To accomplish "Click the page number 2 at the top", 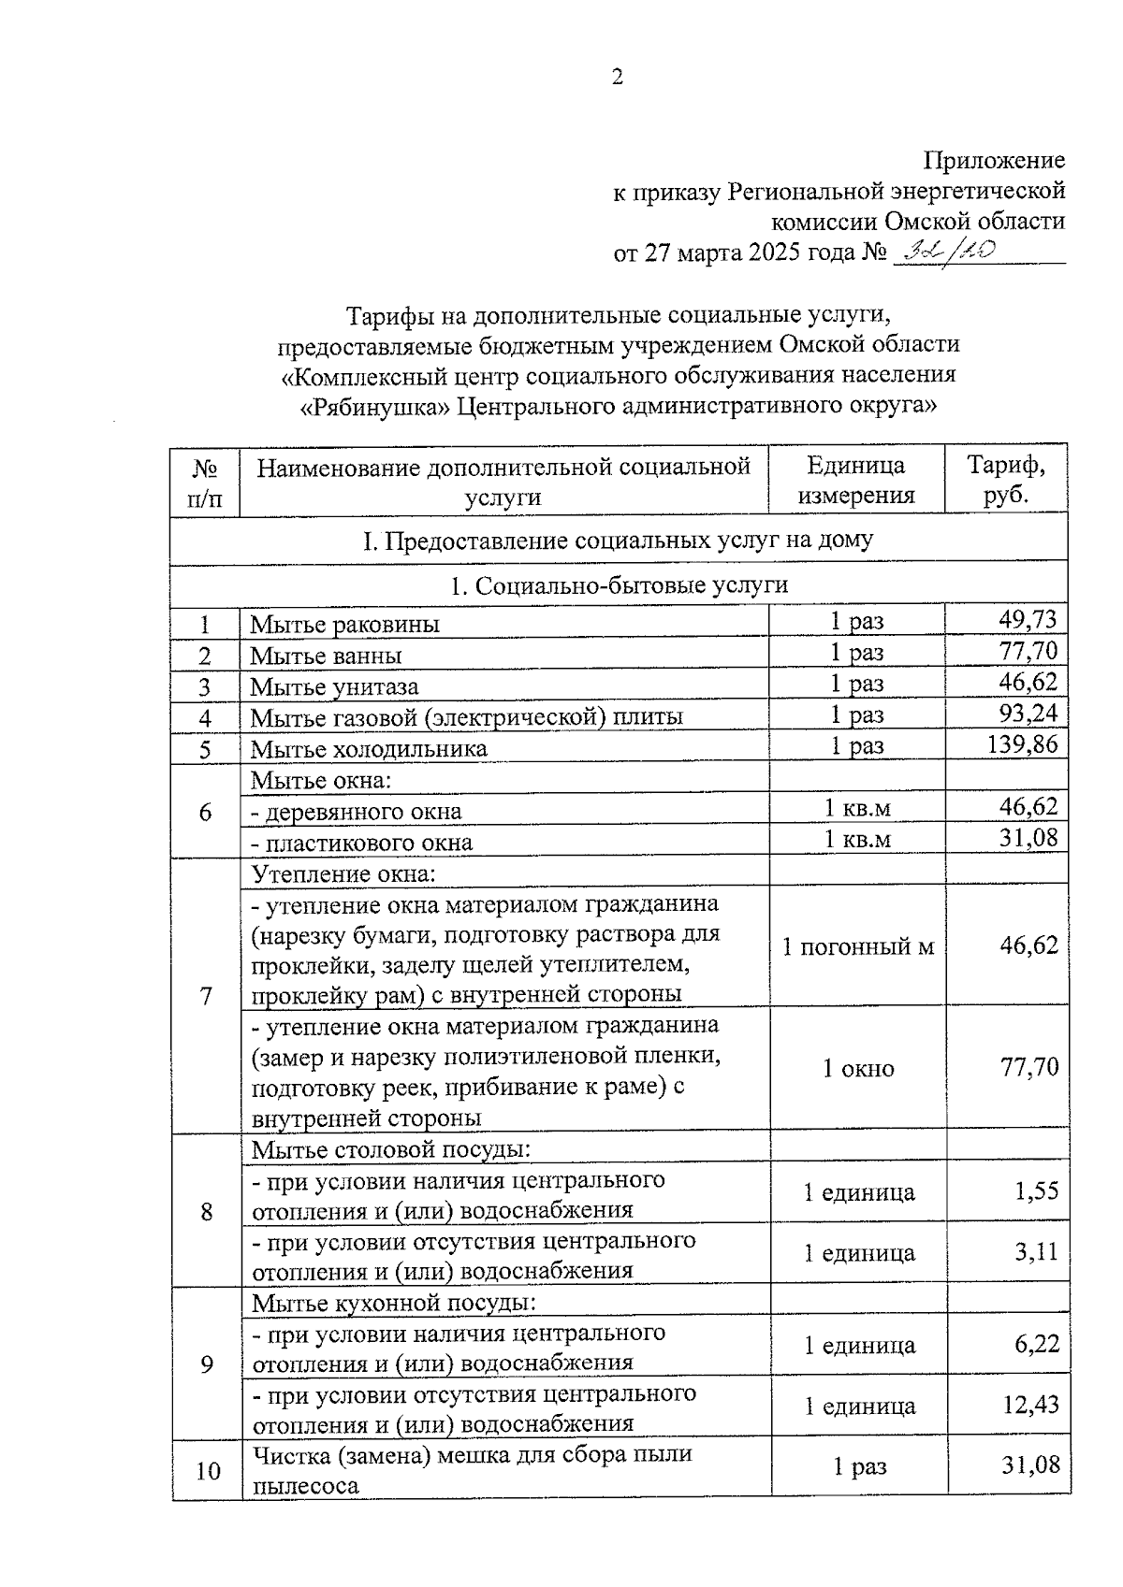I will [617, 78].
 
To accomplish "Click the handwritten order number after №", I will [942, 252].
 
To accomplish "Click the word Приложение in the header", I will [994, 161].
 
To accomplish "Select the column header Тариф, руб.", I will [1006, 479].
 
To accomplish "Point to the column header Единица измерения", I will [855, 479].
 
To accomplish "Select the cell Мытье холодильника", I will [369, 749].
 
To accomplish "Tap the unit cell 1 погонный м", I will [857, 946].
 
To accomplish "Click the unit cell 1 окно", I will [857, 1068].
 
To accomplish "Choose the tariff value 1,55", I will [1036, 1190].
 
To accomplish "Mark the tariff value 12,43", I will [1030, 1405].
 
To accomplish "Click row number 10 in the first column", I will [207, 1471].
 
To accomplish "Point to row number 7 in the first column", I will [206, 995].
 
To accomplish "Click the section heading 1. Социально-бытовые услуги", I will [619, 585].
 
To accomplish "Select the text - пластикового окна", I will [362, 843].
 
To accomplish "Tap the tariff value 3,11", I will [1036, 1251].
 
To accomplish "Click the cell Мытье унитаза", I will [334, 687].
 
